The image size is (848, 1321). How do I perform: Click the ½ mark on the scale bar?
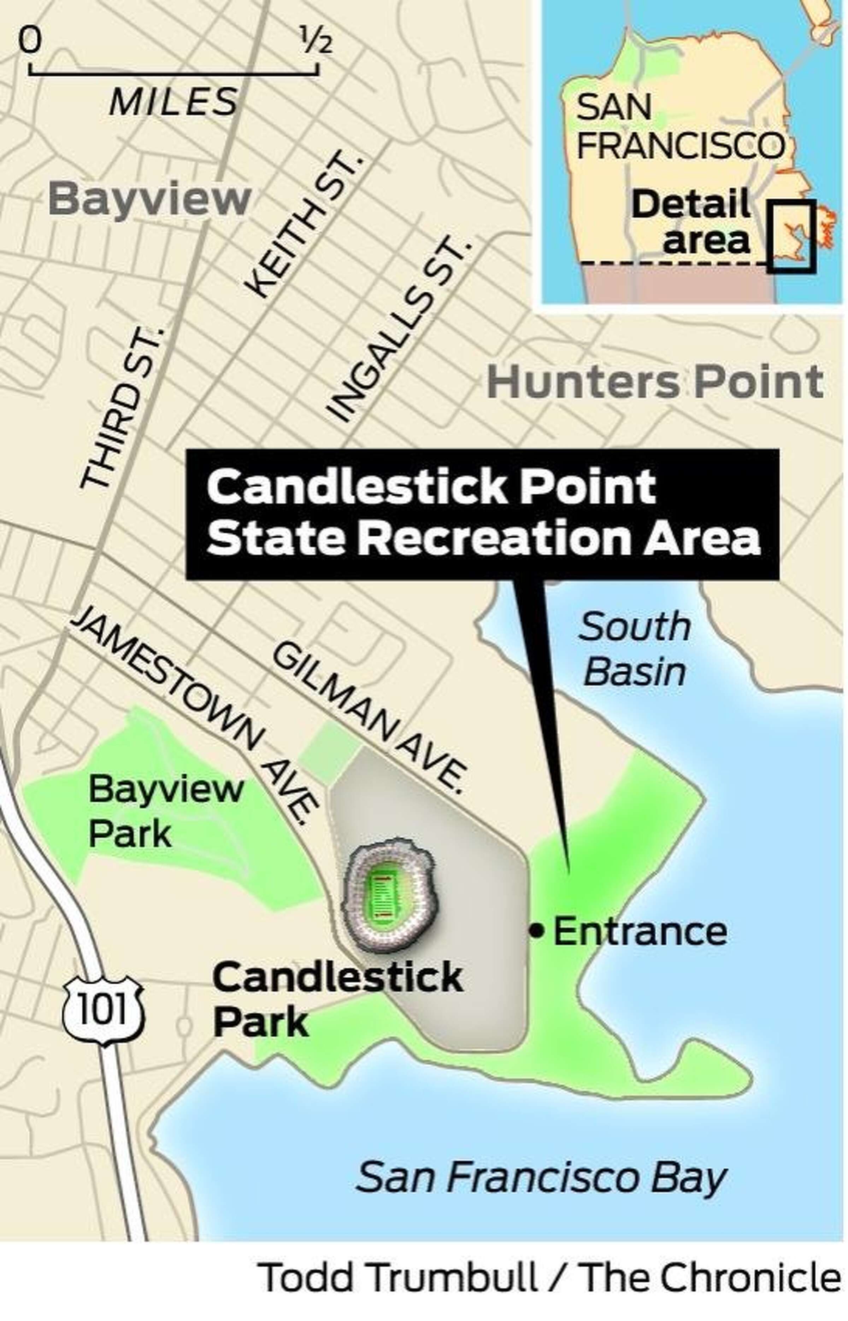316,42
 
